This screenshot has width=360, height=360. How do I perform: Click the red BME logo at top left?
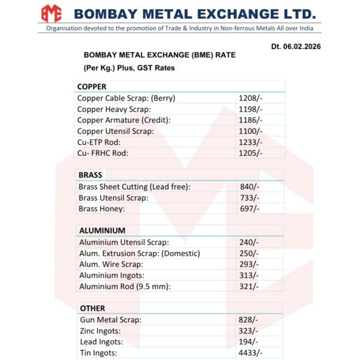51,13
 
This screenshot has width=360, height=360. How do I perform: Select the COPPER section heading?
92,86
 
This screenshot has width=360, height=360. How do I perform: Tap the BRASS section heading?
91,175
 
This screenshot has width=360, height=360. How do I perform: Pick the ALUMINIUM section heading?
102,230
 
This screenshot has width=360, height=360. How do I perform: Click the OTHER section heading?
92,308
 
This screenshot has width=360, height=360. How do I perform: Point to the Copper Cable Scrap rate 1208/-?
250,98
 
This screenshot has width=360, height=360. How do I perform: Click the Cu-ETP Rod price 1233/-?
250,142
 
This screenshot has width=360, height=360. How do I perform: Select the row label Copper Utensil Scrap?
116,131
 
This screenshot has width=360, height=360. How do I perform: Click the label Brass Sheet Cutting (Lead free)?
134,187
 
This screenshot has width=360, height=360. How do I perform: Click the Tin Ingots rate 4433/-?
251,353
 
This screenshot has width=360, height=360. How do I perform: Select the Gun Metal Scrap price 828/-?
249,320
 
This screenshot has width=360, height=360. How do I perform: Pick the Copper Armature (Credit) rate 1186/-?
250,120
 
